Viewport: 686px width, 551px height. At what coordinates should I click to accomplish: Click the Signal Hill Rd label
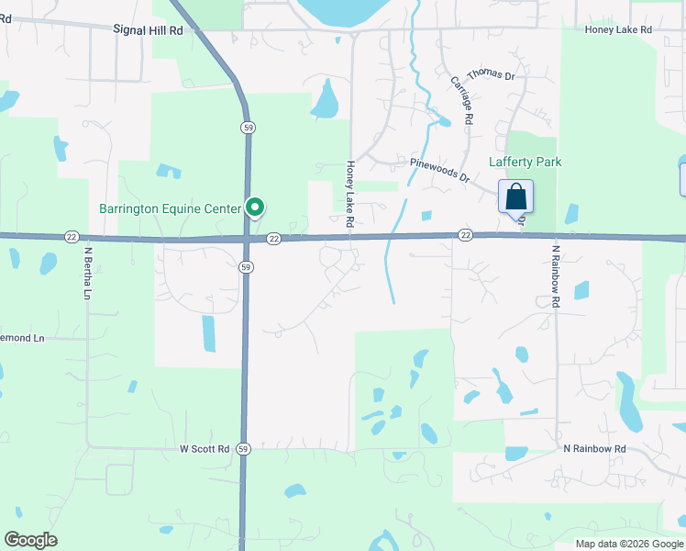click(149, 29)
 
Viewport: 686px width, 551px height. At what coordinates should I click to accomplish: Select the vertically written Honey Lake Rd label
click(349, 194)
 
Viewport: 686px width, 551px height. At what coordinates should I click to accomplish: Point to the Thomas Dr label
click(491, 74)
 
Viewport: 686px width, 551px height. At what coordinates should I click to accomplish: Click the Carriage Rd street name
click(461, 100)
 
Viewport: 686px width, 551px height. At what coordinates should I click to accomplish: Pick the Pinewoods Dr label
click(439, 171)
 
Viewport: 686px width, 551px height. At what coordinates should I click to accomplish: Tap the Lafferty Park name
click(525, 162)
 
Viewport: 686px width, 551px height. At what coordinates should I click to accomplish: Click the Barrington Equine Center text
click(170, 208)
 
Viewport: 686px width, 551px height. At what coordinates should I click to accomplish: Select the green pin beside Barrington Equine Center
click(257, 208)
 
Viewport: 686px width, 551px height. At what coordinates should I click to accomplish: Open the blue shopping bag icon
click(516, 197)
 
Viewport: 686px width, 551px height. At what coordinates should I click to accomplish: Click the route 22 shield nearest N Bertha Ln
click(72, 237)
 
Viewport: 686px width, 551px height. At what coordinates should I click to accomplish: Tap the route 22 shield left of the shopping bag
click(465, 236)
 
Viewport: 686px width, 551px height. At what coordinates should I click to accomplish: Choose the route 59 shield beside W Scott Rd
click(242, 448)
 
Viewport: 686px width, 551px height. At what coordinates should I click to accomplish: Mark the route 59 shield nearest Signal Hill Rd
click(248, 127)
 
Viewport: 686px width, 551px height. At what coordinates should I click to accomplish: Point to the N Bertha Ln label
click(88, 272)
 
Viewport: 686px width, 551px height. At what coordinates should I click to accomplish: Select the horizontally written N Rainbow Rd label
click(594, 448)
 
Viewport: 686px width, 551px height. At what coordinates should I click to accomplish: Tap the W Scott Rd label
click(204, 448)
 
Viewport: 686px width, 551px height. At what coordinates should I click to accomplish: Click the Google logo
click(30, 540)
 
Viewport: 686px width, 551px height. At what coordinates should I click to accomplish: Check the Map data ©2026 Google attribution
click(628, 544)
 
